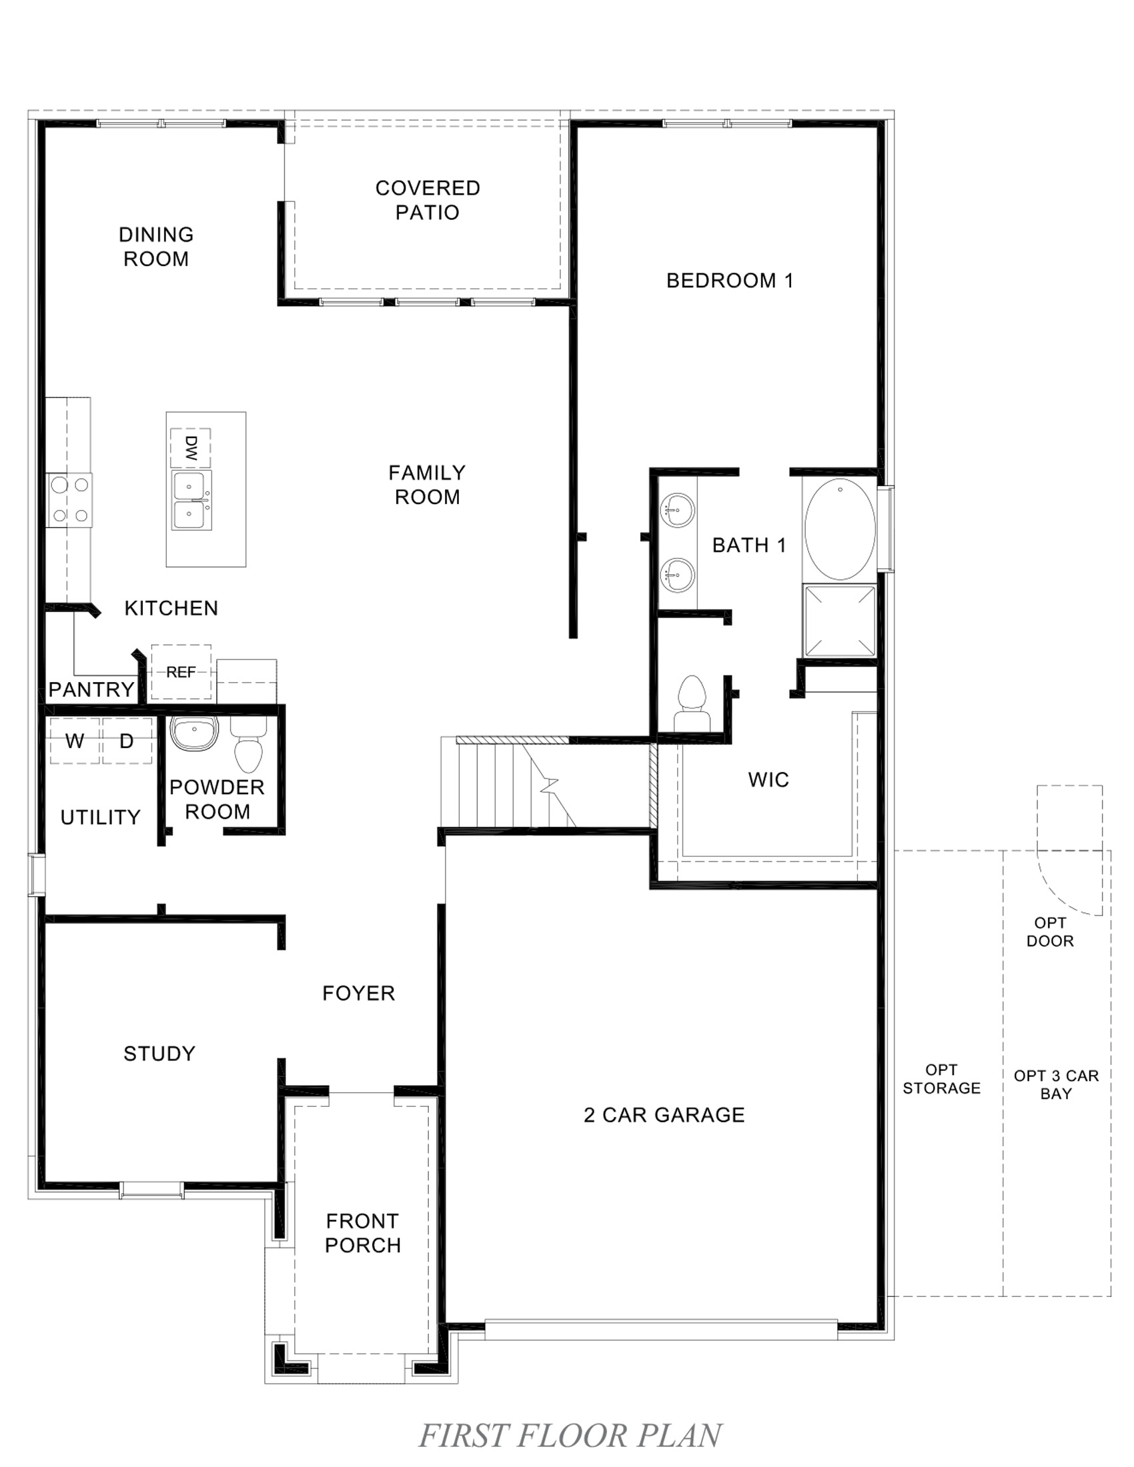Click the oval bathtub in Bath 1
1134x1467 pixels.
(x=839, y=529)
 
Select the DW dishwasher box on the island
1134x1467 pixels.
(x=191, y=447)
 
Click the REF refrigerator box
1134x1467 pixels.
(x=181, y=672)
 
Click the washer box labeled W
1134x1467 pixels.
(x=75, y=741)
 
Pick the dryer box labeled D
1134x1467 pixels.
(x=126, y=741)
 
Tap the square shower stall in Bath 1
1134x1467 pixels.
(x=840, y=621)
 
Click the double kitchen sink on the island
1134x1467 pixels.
(x=191, y=500)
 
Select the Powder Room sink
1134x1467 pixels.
(x=194, y=732)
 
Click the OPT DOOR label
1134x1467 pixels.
(x=1049, y=932)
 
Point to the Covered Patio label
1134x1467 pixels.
(x=428, y=200)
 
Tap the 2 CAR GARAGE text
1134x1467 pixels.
(x=664, y=1115)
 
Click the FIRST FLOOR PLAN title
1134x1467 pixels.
(x=570, y=1436)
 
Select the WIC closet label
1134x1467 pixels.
(x=768, y=780)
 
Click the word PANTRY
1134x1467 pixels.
(x=91, y=689)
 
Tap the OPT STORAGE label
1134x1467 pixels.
(x=941, y=1079)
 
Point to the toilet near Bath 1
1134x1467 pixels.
(x=692, y=702)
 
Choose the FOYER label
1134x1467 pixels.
(x=358, y=994)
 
